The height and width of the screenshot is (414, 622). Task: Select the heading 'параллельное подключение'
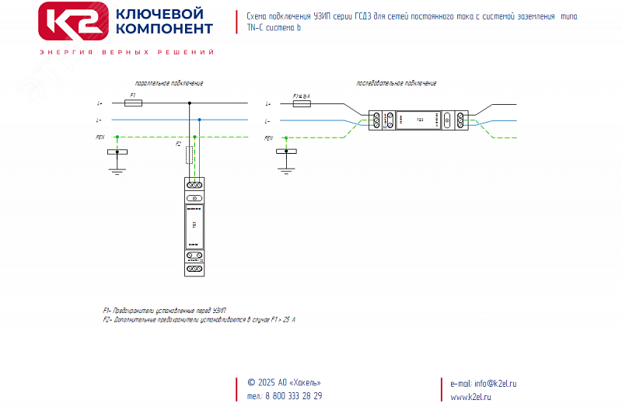pyautogui.click(x=164, y=82)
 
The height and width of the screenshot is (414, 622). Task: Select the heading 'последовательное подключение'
pyautogui.click(x=396, y=82)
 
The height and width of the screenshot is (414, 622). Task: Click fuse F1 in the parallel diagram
pyautogui.click(x=133, y=103)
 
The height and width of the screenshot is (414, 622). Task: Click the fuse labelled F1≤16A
pyautogui.click(x=300, y=103)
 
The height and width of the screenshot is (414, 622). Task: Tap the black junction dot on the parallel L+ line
pyautogui.click(x=189, y=103)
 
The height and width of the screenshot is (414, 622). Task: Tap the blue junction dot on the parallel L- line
pyautogui.click(x=200, y=120)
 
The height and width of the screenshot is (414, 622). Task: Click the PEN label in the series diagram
pyautogui.click(x=268, y=137)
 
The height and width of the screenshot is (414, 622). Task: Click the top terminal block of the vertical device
pyautogui.click(x=194, y=186)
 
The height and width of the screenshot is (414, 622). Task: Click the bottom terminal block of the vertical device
pyautogui.click(x=194, y=257)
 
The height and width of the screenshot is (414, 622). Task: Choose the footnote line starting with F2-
pyautogui.click(x=199, y=319)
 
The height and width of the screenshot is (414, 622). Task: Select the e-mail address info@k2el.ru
pyautogui.click(x=494, y=383)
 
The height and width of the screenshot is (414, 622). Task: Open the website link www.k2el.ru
pyautogui.click(x=471, y=397)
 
